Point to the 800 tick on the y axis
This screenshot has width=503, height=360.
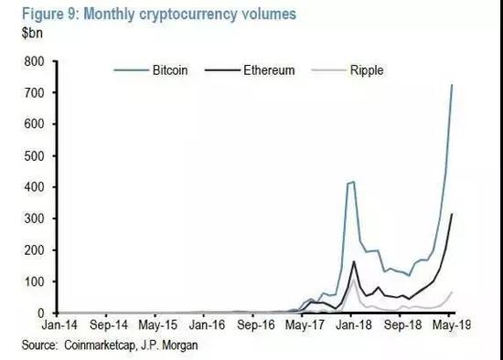[x=36, y=61]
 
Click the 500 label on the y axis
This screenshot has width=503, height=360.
[x=36, y=155]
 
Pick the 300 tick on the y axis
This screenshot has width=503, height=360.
[x=36, y=218]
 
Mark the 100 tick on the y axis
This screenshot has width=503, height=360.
[x=36, y=281]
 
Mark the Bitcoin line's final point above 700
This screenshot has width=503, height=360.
[x=450, y=85]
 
